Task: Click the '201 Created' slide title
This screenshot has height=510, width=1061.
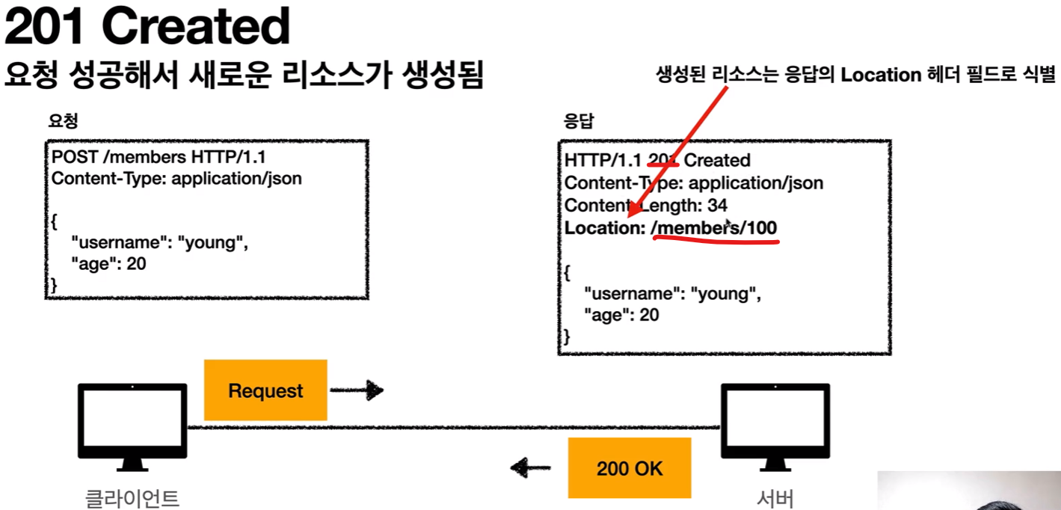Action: [147, 28]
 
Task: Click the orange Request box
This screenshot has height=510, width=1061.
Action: [265, 390]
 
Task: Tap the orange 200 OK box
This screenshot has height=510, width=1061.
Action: [630, 469]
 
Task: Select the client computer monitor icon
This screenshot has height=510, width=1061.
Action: [132, 426]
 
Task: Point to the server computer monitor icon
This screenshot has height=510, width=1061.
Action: [775, 426]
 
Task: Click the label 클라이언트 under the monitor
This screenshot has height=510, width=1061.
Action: [132, 498]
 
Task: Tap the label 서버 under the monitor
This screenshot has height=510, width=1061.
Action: [775, 498]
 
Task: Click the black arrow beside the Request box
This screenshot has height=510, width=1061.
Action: [357, 390]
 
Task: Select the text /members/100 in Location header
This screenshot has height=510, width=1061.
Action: [714, 227]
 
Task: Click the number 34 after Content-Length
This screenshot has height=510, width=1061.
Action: [717, 205]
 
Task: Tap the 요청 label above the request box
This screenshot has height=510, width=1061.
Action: [63, 120]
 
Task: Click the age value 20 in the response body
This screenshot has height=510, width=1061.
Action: [649, 315]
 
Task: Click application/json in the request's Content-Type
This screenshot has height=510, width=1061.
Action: [236, 179]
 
